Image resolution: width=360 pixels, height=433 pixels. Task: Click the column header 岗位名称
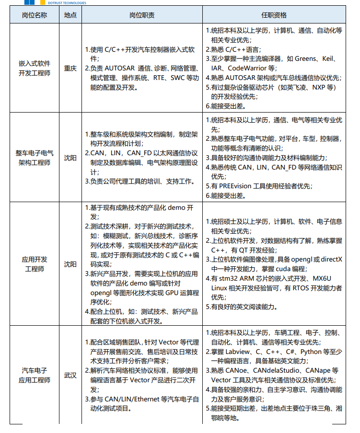[35, 15]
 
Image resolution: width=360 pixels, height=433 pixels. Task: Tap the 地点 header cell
[70, 15]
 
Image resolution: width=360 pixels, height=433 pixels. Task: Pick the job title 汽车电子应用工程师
[35, 375]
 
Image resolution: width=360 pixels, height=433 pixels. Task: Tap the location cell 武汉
[70, 375]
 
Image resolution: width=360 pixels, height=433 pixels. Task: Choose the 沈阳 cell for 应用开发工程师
[70, 264]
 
